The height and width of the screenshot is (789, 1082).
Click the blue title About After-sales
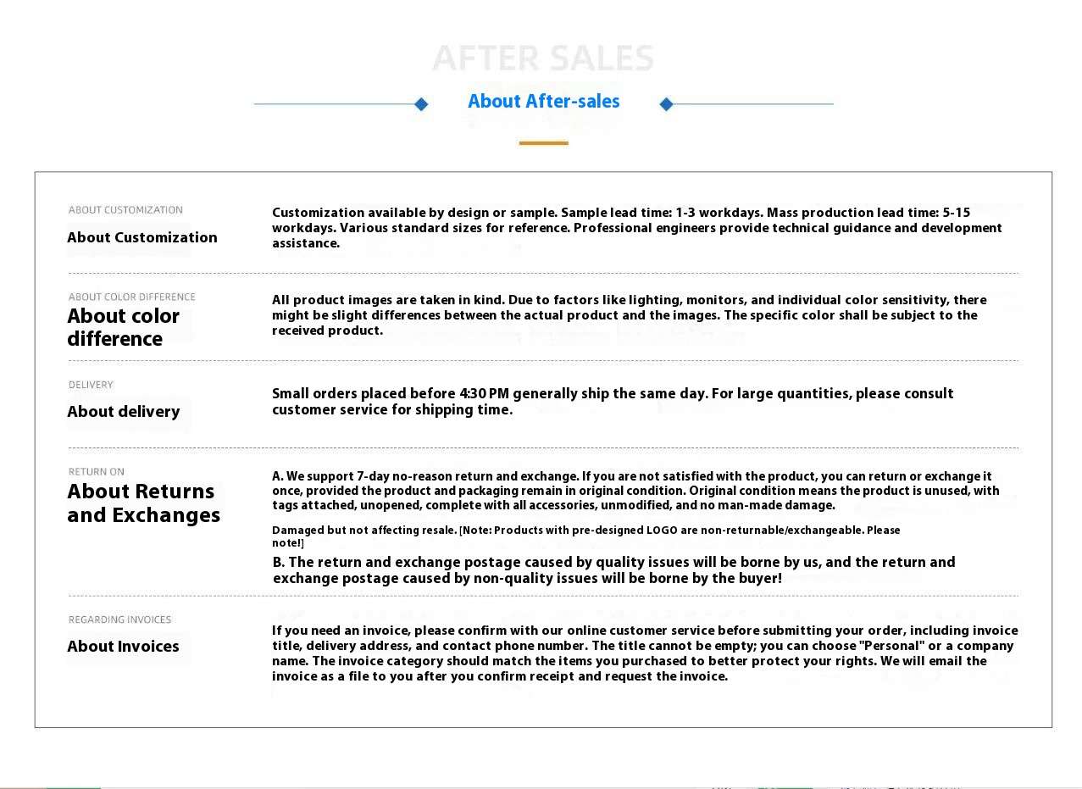pos(543,102)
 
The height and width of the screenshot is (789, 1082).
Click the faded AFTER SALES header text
pos(543,59)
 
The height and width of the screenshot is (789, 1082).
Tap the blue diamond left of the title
pos(421,104)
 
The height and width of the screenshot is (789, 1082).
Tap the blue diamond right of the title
pos(666,104)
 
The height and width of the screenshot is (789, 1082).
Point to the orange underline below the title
pos(543,143)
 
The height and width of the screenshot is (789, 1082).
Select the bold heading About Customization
pos(142,237)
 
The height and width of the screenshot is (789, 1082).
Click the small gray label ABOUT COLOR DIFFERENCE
pos(132,297)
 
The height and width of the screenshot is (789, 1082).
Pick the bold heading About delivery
pos(124,412)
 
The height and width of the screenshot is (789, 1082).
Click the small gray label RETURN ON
pos(97,472)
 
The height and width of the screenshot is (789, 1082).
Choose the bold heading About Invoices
pos(123,647)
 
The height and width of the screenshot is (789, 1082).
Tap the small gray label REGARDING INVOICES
pos(119,620)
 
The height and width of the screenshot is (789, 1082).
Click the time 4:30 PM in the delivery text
pos(484,394)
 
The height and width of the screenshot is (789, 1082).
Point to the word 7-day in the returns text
pos(373,476)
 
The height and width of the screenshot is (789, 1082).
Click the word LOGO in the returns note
pos(662,531)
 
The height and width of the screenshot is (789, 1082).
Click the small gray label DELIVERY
pos(91,385)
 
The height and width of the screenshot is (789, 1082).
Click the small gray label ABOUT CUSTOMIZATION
pos(125,210)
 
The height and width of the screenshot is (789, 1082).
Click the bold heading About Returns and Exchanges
pos(143,503)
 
